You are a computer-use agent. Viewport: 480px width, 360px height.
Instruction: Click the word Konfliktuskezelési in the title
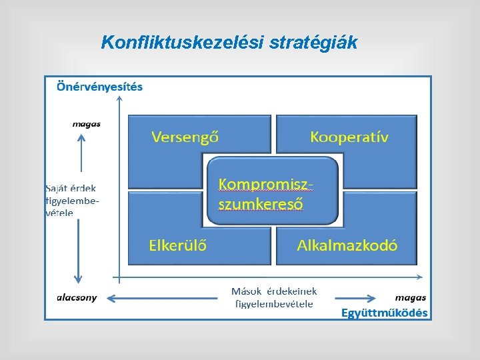pos(182,43)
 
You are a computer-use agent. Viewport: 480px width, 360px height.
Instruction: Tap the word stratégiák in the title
pos(313,43)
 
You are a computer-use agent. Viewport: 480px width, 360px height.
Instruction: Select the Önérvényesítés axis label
pos(99,87)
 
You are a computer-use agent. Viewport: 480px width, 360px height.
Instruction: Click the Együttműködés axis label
pos(384,313)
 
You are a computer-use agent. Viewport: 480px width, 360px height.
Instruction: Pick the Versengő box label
pos(185,137)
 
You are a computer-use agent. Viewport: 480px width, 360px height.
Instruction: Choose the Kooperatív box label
pos(349,137)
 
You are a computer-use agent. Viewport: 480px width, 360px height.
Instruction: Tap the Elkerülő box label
pos(177,245)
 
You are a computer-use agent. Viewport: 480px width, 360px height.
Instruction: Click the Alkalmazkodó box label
pos(347,245)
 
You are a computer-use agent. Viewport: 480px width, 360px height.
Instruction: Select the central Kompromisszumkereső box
pos(272,191)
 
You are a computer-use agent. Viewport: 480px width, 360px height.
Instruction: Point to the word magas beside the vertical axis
pos(87,123)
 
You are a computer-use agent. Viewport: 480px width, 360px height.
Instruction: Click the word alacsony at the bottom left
pos(77,298)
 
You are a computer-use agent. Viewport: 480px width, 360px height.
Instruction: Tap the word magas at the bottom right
pos(411,298)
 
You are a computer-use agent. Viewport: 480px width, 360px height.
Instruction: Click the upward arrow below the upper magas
pos(81,153)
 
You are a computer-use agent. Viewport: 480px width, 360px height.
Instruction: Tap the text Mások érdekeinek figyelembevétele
pos(274,297)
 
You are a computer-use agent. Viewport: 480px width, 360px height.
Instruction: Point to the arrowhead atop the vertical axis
pos(119,99)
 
